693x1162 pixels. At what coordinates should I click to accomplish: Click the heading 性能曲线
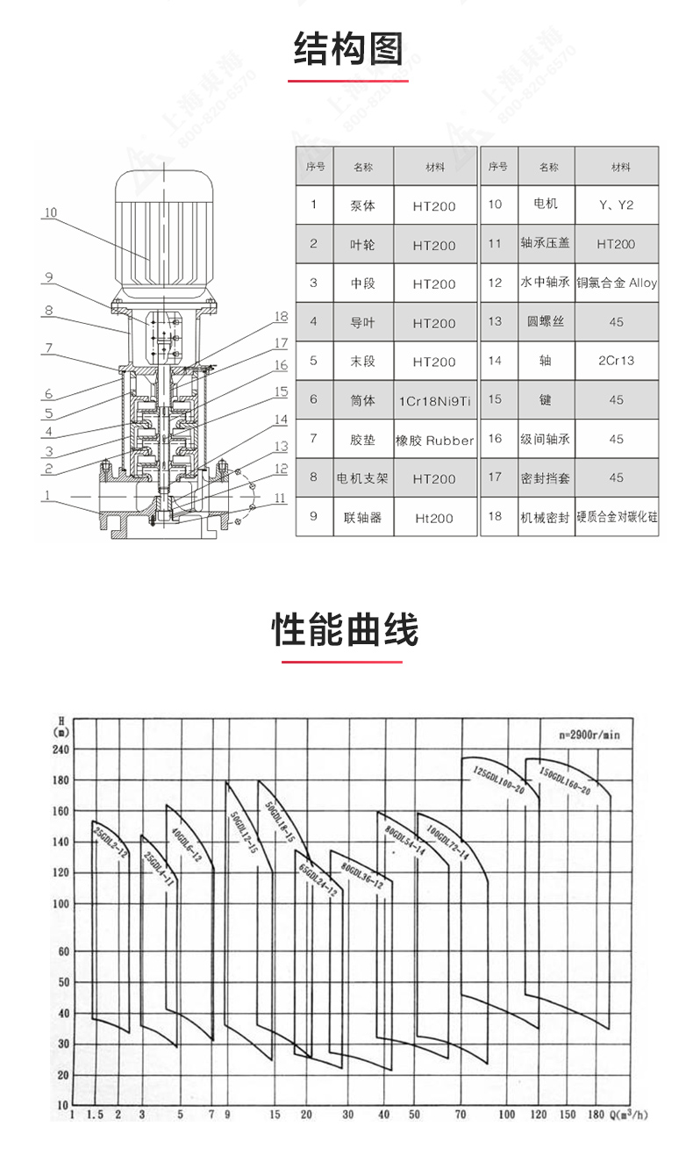(x=346, y=629)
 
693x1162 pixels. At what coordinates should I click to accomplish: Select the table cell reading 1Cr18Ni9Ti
(x=434, y=400)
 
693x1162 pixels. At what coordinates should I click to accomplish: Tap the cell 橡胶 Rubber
(x=434, y=440)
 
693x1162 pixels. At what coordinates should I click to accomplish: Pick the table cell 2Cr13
(x=616, y=361)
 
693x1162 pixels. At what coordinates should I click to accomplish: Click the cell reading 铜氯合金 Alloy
(x=616, y=283)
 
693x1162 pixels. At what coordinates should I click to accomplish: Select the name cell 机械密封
(x=545, y=517)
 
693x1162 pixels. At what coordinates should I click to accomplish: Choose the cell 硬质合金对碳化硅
(x=616, y=517)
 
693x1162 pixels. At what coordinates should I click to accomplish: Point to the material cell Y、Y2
(x=616, y=205)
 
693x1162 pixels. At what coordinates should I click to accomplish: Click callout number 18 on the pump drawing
(x=281, y=316)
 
